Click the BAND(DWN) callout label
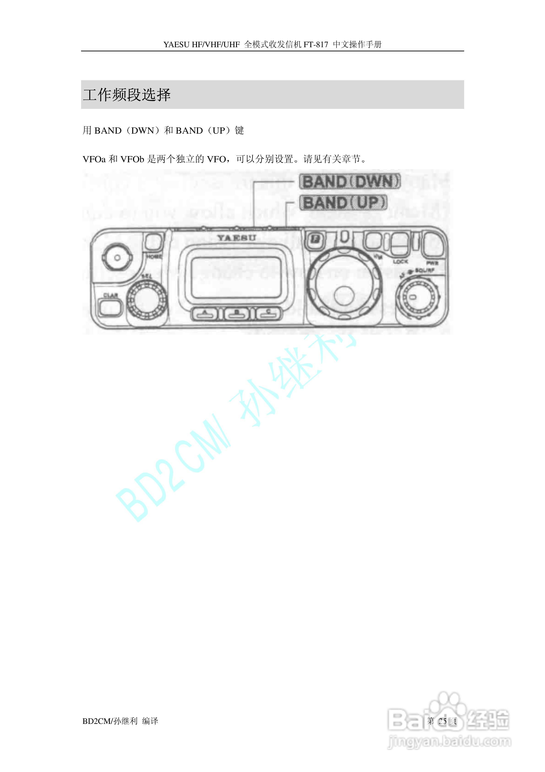tap(350, 182)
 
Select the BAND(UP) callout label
tap(343, 203)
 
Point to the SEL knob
tap(147, 299)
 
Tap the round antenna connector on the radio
tap(117, 258)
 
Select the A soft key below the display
tap(204, 314)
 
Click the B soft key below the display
tap(237, 314)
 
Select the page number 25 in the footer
tap(442, 721)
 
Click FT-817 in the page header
tap(316, 44)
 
